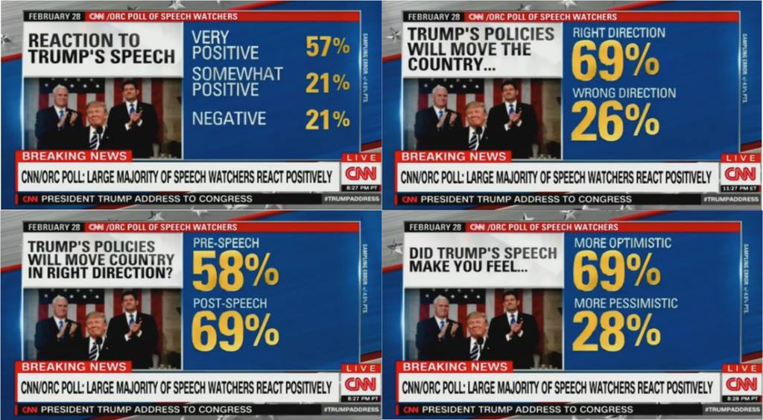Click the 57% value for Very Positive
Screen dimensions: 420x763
click(327, 46)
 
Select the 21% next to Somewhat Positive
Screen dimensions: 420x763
click(327, 82)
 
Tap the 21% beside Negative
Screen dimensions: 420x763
click(327, 119)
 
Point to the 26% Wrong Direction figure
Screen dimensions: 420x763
click(615, 122)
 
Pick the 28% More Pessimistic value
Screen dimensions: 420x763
click(616, 330)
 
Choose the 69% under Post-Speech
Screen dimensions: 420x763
click(235, 333)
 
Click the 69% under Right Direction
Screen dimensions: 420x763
click(615, 61)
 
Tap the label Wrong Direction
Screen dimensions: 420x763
click(624, 93)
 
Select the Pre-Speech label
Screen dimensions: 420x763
click(226, 243)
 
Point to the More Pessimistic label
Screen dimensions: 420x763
click(625, 304)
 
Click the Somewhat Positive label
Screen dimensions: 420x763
click(237, 81)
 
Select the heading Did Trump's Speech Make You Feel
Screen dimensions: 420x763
click(482, 260)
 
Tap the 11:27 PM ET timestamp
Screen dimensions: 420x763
click(741, 188)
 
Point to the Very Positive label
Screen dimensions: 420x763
click(225, 45)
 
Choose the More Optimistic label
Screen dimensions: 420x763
click(622, 243)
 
